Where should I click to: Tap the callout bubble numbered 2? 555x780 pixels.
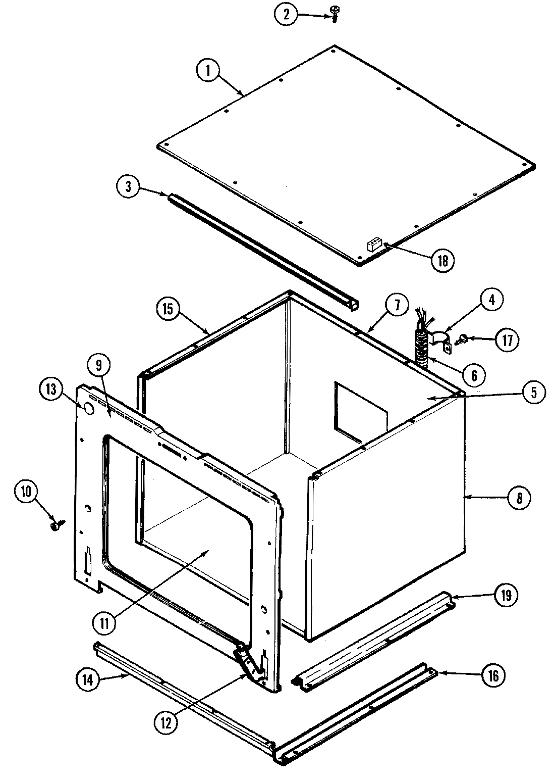[287, 14]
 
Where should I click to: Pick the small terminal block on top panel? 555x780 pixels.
[373, 245]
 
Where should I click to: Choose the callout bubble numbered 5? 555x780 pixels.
[533, 392]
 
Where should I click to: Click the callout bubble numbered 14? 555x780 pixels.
[88, 680]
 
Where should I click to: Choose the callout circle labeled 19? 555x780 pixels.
[506, 596]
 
